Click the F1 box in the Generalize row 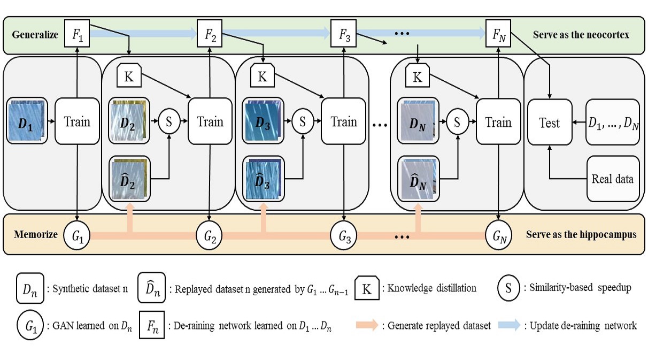pyautogui.click(x=78, y=35)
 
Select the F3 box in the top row pyautogui.click(x=344, y=35)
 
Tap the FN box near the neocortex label pyautogui.click(x=498, y=35)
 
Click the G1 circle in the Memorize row pyautogui.click(x=78, y=235)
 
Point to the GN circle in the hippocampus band pyautogui.click(x=498, y=235)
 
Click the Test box pyautogui.click(x=550, y=122)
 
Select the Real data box pyautogui.click(x=613, y=179)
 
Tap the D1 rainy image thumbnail pyautogui.click(x=27, y=122)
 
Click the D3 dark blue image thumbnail pyautogui.click(x=262, y=122)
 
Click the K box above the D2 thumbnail pyautogui.click(x=129, y=76)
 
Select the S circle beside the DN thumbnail pyautogui.click(x=457, y=122)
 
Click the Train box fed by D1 pyautogui.click(x=78, y=122)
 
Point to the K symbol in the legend pyautogui.click(x=366, y=289)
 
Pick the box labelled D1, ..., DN pyautogui.click(x=613, y=122)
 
